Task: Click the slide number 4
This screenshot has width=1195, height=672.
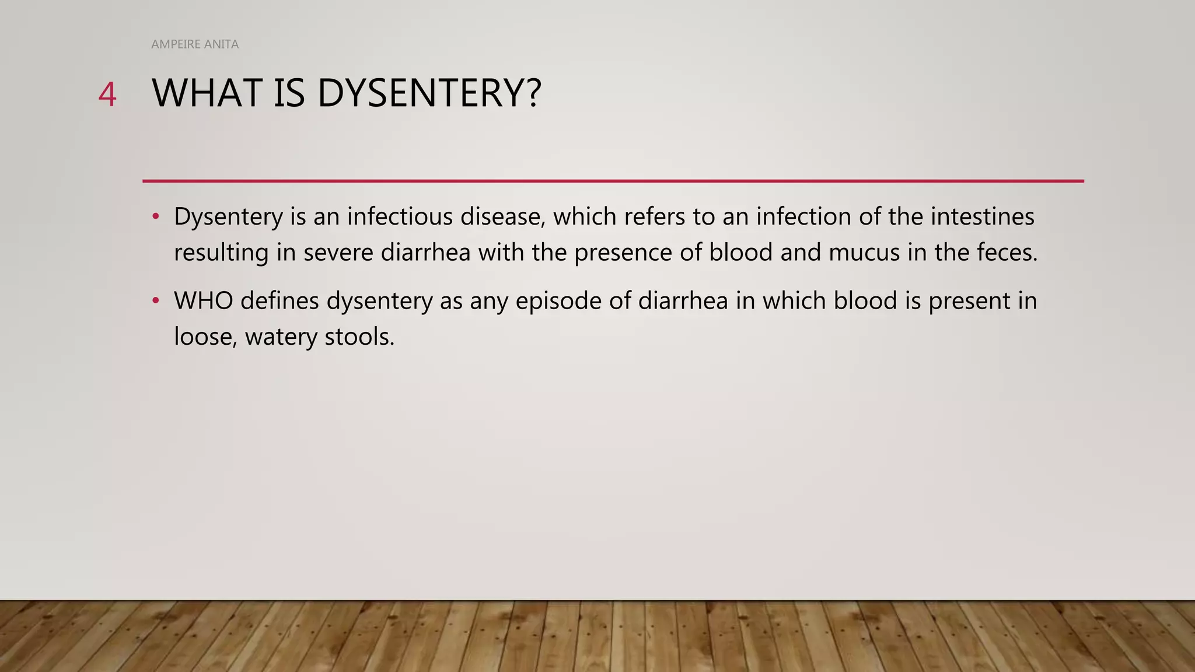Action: tap(107, 94)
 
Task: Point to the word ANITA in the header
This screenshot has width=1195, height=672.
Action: tap(221, 44)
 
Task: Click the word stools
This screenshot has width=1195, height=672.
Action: tap(359, 337)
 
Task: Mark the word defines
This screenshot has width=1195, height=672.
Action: tap(279, 301)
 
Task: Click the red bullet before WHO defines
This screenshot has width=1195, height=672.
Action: tap(155, 301)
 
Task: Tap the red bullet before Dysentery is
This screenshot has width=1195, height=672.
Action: tap(155, 216)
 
